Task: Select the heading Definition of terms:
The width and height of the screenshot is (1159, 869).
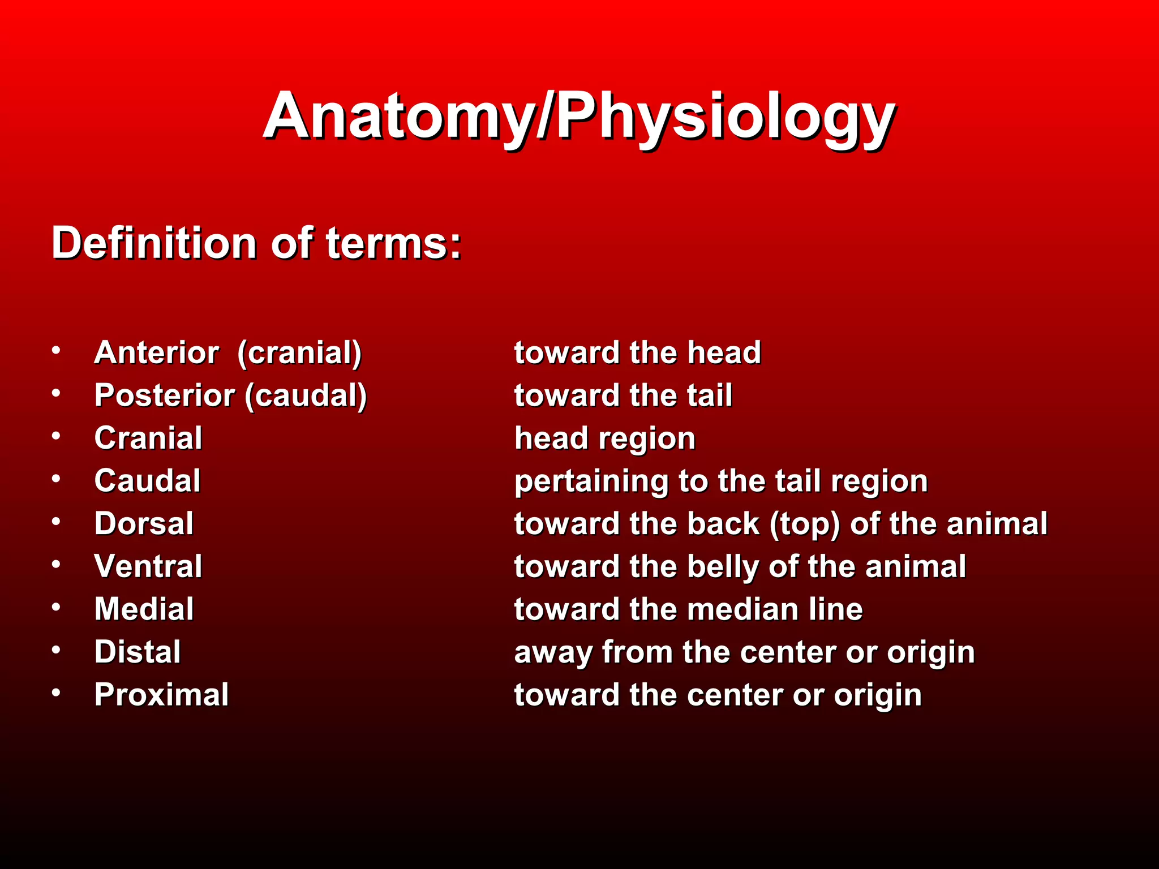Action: pos(256,243)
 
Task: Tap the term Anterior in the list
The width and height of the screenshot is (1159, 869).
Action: pos(156,353)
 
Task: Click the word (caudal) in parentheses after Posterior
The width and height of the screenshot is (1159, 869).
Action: pos(306,396)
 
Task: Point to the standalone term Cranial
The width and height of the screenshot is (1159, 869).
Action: pos(148,438)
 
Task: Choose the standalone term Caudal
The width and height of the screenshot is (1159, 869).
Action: pos(147,481)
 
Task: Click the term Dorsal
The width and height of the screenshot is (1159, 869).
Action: pos(144,524)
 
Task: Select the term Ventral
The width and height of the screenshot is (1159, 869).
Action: pos(148,566)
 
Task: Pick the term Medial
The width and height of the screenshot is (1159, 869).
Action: pos(144,609)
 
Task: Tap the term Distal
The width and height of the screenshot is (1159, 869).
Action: pos(138,652)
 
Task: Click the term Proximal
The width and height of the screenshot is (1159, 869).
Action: pos(161,695)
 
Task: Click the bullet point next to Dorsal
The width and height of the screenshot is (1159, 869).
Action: pos(56,522)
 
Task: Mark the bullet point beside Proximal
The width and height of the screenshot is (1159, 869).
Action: pos(56,692)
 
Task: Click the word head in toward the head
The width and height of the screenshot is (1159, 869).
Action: pos(724,353)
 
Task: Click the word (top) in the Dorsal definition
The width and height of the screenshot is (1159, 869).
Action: pos(804,525)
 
